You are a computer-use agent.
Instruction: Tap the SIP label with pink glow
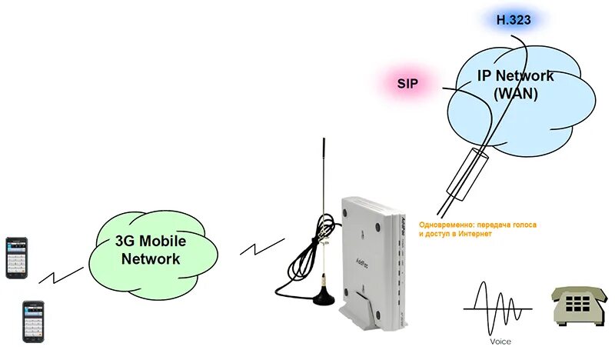click(x=407, y=82)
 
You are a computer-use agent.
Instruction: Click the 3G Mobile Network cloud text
click(x=151, y=249)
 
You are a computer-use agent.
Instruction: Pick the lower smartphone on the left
click(x=32, y=322)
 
